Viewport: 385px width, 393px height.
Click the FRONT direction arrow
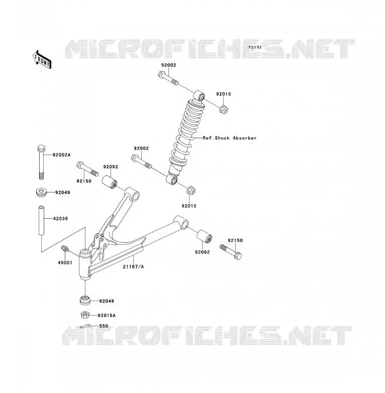(42, 60)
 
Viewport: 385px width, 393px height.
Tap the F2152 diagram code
(255, 47)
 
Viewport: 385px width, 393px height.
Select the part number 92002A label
(62, 155)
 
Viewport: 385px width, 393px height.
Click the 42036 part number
(60, 219)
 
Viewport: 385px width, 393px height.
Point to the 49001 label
(65, 263)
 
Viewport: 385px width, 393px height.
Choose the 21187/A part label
(133, 267)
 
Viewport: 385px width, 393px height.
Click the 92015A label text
(107, 315)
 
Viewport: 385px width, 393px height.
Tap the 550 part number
(104, 326)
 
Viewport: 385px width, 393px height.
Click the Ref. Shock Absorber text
(230, 138)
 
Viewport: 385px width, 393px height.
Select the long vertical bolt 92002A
(41, 162)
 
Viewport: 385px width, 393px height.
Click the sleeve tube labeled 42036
(41, 220)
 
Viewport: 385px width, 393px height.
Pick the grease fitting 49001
(65, 248)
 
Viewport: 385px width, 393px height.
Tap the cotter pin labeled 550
(85, 326)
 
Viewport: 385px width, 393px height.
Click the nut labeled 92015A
(85, 315)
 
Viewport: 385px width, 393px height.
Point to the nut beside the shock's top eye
(224, 109)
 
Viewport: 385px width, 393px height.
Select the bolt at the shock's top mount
(168, 78)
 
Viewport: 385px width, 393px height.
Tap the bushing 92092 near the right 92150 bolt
(204, 236)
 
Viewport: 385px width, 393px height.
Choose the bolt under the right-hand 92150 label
(231, 252)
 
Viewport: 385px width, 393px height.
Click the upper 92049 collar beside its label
(41, 192)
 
